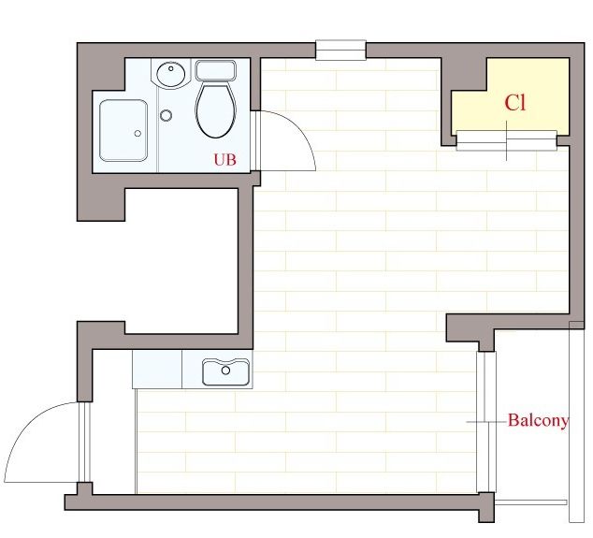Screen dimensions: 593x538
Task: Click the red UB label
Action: (x=225, y=160)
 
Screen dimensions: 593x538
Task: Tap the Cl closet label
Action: (x=515, y=103)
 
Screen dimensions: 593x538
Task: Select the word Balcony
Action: (x=538, y=420)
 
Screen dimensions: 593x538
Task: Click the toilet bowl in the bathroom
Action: (x=215, y=110)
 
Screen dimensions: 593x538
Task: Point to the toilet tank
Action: (x=215, y=70)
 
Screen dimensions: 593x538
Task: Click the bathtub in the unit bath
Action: (x=123, y=131)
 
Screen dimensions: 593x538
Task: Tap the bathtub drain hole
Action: (x=137, y=133)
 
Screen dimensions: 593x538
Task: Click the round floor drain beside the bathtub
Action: (x=166, y=115)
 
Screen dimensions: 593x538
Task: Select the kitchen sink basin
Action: (x=226, y=371)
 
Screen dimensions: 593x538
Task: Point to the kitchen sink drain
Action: (x=225, y=371)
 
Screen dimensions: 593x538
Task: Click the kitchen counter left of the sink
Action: (x=157, y=369)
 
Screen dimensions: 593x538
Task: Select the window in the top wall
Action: (x=340, y=50)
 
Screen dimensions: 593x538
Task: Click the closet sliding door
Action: (x=506, y=140)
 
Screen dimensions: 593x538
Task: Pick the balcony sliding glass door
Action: (x=486, y=422)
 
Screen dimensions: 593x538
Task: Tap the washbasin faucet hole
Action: (x=171, y=69)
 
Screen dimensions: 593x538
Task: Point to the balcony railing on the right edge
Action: (x=576, y=422)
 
